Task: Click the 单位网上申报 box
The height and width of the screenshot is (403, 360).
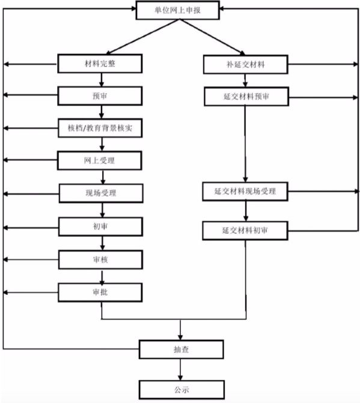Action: (178, 10)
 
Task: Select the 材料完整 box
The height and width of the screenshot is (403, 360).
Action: (100, 64)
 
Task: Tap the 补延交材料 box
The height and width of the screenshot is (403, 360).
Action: (246, 64)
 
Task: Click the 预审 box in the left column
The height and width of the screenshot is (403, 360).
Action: (100, 96)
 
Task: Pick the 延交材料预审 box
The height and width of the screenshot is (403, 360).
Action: (246, 97)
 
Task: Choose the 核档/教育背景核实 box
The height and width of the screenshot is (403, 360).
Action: (100, 128)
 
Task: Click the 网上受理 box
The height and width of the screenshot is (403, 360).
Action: (100, 160)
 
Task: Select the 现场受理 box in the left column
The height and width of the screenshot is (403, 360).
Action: (101, 193)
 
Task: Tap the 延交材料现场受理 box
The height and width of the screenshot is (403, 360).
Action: (245, 192)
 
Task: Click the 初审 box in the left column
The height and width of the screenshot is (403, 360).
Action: (100, 226)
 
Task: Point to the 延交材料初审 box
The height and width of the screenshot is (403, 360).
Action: (245, 231)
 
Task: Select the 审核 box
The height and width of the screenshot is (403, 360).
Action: (100, 260)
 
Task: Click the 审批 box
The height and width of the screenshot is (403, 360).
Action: (100, 292)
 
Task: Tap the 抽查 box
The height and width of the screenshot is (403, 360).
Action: (182, 350)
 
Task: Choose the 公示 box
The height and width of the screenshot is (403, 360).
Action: (182, 390)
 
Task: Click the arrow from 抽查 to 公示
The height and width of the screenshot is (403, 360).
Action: (180, 369)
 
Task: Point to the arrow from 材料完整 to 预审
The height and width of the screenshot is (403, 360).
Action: (102, 80)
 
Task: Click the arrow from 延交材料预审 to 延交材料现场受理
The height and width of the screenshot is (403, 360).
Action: (245, 144)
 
